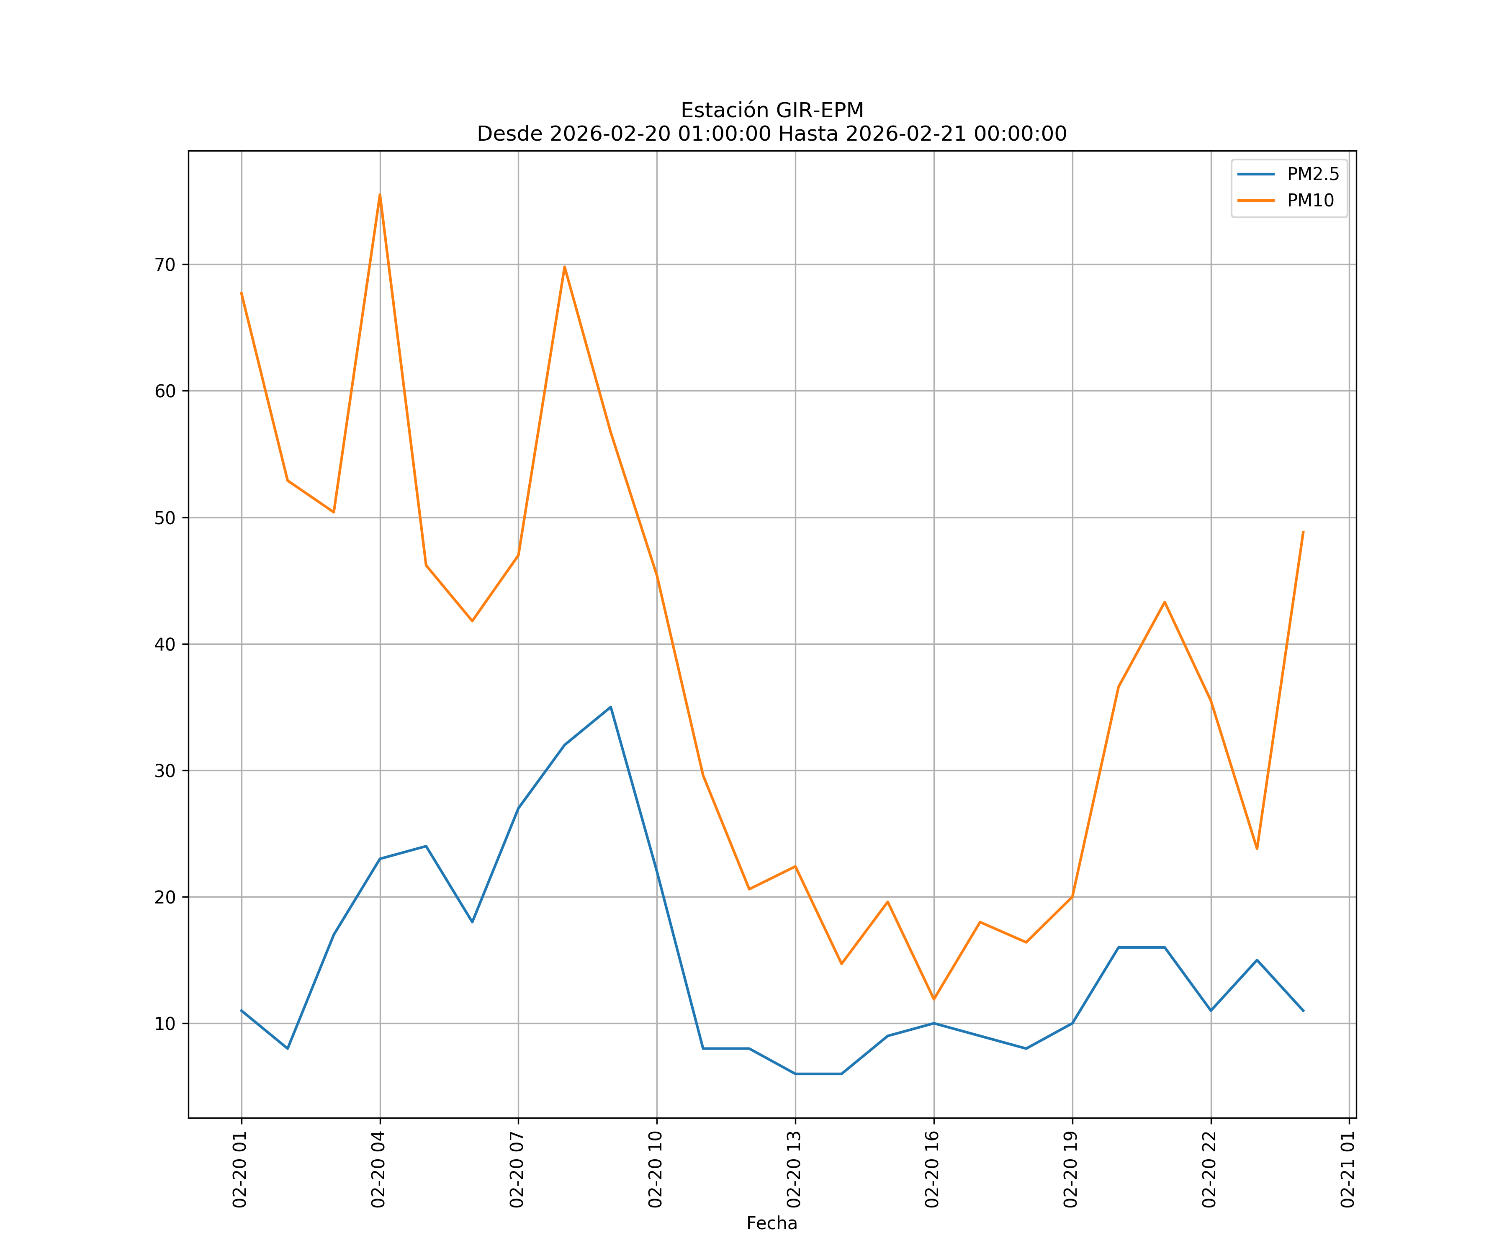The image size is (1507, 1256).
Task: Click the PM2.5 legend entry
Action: click(x=1312, y=175)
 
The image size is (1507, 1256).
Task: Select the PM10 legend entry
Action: click(x=1310, y=201)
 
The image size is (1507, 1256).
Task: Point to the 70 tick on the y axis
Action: click(x=165, y=265)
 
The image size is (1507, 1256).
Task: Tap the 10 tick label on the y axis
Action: click(x=165, y=1024)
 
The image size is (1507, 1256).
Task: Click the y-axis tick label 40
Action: click(x=165, y=644)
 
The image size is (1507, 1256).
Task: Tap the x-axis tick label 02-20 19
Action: click(x=1071, y=1169)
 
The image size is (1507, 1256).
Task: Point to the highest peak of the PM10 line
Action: click(x=380, y=195)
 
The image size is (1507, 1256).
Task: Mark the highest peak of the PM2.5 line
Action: click(x=610, y=707)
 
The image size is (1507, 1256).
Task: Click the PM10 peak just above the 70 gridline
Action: click(x=565, y=267)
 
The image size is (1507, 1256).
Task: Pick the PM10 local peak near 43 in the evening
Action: click(x=1164, y=602)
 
